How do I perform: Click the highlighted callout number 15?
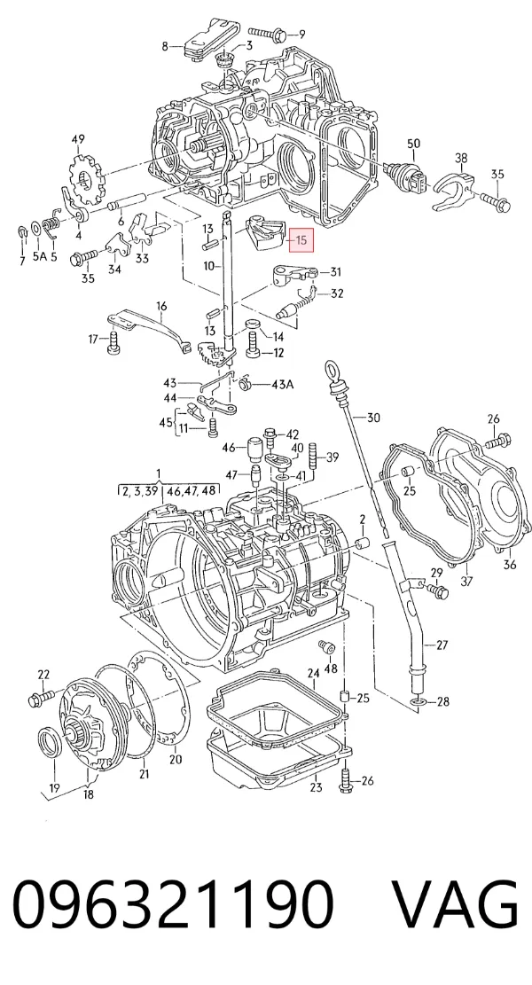[301, 239]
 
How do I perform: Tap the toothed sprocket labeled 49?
[86, 176]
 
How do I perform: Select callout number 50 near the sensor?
[413, 144]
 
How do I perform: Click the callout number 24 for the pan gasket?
[313, 673]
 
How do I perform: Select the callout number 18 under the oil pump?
[89, 794]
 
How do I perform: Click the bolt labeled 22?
[42, 696]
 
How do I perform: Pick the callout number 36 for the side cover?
[509, 564]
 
